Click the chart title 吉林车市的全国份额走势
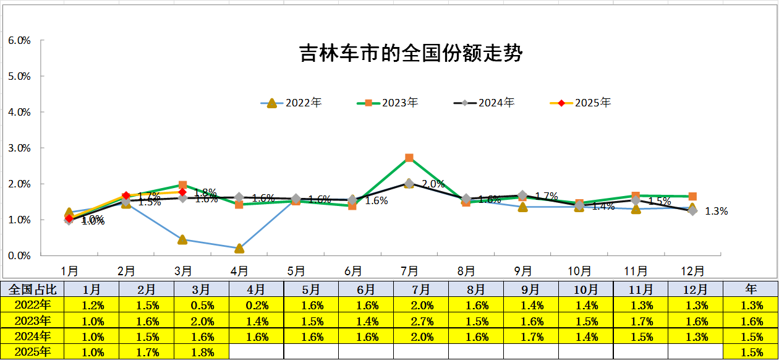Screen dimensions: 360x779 point(411,53)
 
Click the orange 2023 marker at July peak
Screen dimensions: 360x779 point(409,158)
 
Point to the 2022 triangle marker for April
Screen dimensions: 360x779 point(239,248)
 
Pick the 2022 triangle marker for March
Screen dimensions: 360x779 point(182,239)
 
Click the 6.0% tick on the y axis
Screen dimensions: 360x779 point(19,41)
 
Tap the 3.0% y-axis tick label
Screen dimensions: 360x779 point(19,148)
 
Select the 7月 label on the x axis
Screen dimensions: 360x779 point(409,271)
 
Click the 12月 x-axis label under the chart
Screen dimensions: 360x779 point(692,271)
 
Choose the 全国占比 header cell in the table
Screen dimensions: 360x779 point(33,289)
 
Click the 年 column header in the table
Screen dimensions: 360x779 point(751,289)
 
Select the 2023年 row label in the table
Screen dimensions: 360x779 point(33,321)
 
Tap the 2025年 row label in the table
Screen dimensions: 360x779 point(33,353)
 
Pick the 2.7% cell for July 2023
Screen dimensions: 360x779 point(420,321)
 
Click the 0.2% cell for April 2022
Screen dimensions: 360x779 point(257,305)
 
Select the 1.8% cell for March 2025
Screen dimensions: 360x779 point(202,353)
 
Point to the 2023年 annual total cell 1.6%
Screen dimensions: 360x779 point(751,321)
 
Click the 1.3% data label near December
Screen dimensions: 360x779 point(717,211)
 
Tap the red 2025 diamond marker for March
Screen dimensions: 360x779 point(182,192)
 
